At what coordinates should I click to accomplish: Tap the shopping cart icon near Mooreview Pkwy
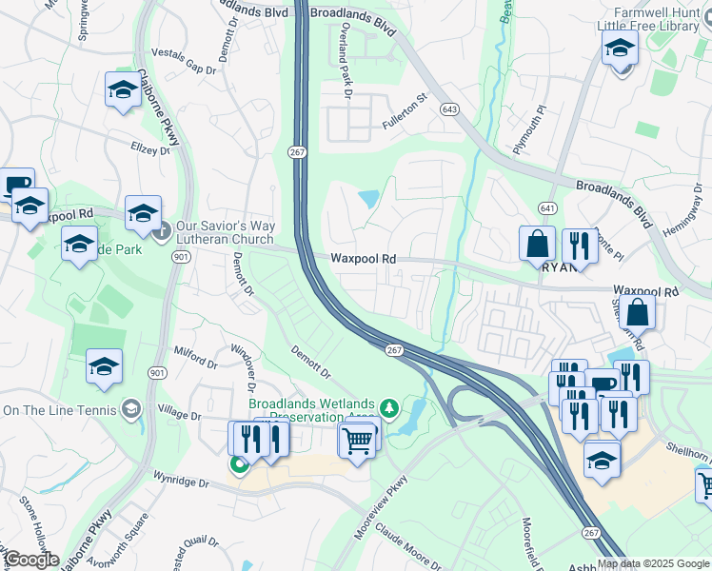pyautogui.click(x=357, y=439)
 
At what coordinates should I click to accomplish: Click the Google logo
pyautogui.click(x=30, y=560)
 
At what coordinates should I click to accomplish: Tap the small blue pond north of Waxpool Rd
pyautogui.click(x=367, y=199)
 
